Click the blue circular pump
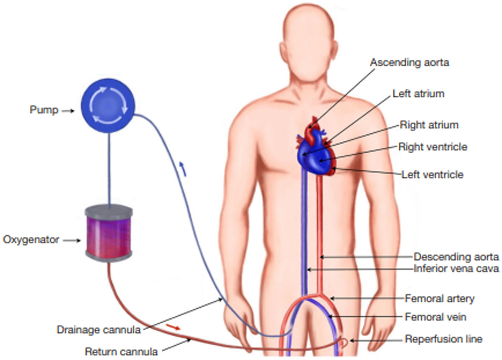108,105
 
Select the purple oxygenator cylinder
109,233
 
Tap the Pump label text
44,110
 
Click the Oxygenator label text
31,240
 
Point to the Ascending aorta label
410,62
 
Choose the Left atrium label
418,93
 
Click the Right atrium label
429,125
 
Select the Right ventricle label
433,147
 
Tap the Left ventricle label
432,175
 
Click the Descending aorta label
456,257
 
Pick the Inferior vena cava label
456,268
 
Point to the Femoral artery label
440,298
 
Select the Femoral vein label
435,317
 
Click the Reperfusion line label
443,339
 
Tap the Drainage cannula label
99,330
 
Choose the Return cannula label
121,352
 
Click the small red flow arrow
173,327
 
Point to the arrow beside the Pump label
68,111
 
